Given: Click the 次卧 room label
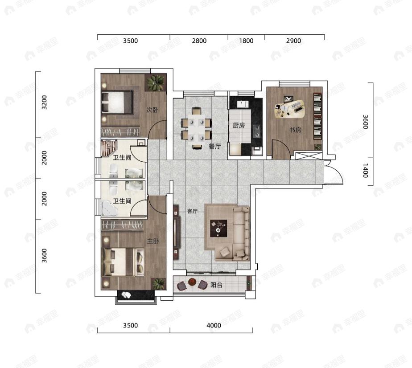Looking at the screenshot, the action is pyautogui.click(x=152, y=110).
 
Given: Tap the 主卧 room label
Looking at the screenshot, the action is pyautogui.click(x=153, y=241).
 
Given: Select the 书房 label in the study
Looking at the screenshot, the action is pyautogui.click(x=295, y=130).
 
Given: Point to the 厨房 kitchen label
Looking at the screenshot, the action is pyautogui.click(x=239, y=126).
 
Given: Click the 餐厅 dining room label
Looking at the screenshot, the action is pyautogui.click(x=214, y=146).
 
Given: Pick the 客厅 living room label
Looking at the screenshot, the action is pyautogui.click(x=192, y=211).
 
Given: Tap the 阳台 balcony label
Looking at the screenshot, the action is pyautogui.click(x=216, y=285).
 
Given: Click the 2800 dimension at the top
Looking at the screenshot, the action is pyautogui.click(x=199, y=41).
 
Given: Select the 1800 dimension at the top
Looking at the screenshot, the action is pyautogui.click(x=246, y=41).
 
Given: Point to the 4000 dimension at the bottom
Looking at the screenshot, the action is pyautogui.click(x=214, y=326).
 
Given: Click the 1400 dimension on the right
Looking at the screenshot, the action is pyautogui.click(x=366, y=171).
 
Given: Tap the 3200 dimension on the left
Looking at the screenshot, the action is pyautogui.click(x=45, y=102).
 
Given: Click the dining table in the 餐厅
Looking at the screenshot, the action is pyautogui.click(x=197, y=128).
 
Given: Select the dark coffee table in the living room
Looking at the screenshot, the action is pyautogui.click(x=218, y=229).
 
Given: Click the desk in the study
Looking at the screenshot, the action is pyautogui.click(x=290, y=108).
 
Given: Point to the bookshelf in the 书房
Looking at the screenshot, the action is pyautogui.click(x=317, y=116).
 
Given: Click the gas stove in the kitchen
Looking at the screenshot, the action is pyautogui.click(x=257, y=131).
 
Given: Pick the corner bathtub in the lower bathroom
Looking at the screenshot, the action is pyautogui.click(x=110, y=209).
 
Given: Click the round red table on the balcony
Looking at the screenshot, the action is pyautogui.click(x=192, y=282).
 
